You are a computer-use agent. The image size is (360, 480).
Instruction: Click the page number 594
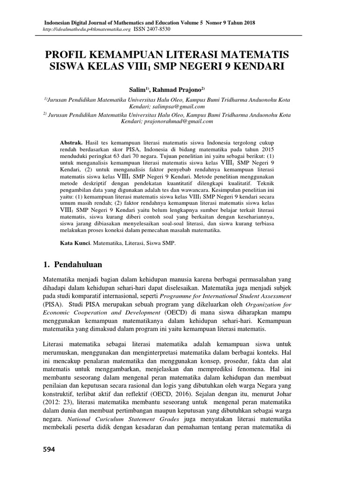tap(49, 450)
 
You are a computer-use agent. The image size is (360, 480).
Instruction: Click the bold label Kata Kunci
tap(75, 244)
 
